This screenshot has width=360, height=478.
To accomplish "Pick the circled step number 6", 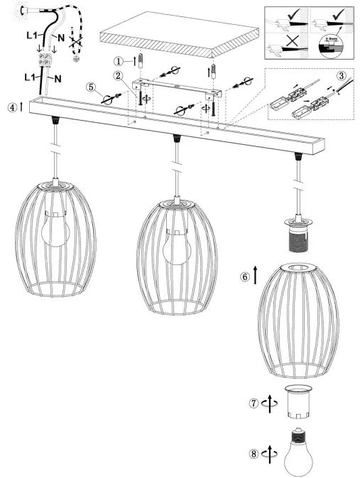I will click(x=246, y=278).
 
